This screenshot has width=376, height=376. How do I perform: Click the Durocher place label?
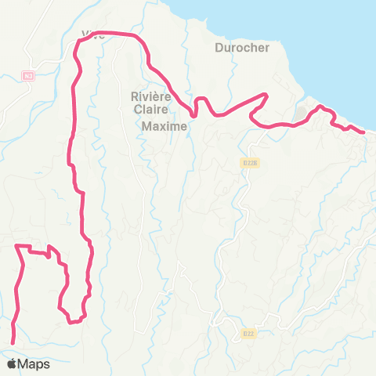pos(241,47)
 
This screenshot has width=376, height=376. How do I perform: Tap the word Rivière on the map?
pos(146,96)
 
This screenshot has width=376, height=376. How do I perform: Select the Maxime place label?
pos(164,125)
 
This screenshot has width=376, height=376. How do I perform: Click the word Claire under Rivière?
pos(146,110)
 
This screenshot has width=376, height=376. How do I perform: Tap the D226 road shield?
pos(250,163)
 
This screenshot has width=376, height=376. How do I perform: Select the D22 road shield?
pos(248,333)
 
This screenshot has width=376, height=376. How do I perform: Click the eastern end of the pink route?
pos(363,132)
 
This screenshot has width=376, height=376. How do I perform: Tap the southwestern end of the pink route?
pos(13,342)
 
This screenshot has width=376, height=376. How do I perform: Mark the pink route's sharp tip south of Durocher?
pos(267,96)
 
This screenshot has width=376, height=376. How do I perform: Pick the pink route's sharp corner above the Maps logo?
pos(17,247)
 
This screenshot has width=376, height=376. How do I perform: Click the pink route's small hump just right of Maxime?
pos(201,100)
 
